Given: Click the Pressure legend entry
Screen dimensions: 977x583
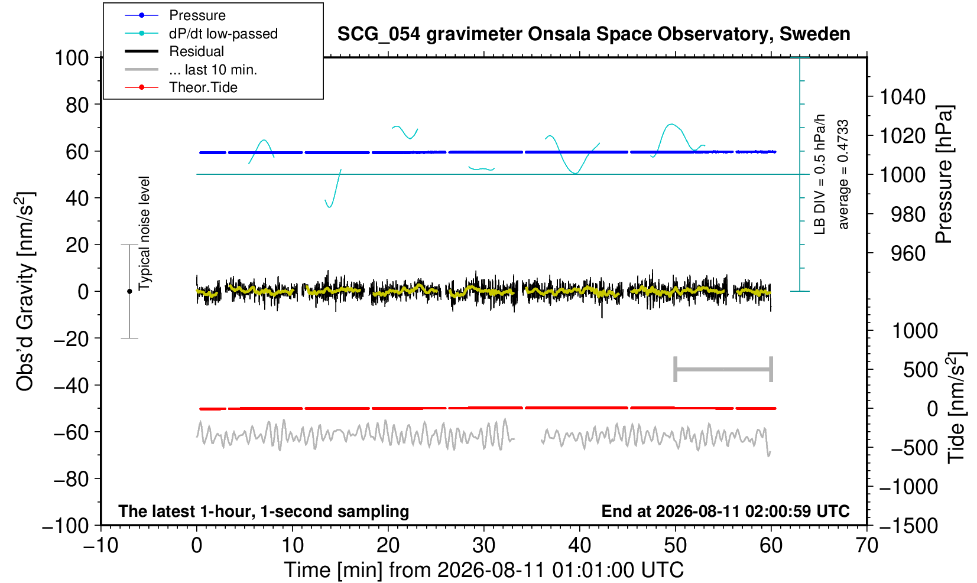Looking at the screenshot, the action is click(197, 16).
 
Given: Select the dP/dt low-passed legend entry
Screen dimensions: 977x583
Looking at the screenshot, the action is click(223, 34).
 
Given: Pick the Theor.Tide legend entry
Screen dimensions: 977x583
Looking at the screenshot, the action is click(203, 87).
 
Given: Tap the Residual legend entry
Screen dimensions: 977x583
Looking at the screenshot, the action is click(196, 51).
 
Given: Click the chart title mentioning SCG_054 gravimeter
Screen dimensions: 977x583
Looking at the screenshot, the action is click(593, 34).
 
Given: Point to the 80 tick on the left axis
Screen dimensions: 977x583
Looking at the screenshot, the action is click(77, 105).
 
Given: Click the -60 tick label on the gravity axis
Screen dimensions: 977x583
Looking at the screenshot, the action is click(72, 432).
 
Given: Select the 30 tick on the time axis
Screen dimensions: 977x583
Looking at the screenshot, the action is click(483, 546).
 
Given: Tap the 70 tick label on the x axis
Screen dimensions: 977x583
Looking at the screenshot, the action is click(866, 546).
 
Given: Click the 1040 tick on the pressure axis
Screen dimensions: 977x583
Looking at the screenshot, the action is click(903, 96).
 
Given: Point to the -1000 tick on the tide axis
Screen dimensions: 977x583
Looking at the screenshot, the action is click(908, 487).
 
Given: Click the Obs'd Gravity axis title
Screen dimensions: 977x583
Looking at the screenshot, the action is click(25, 291).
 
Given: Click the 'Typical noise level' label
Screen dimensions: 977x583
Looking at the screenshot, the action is click(144, 234).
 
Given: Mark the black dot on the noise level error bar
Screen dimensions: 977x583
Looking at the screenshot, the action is click(129, 291).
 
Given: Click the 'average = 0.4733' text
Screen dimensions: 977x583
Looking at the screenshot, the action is click(843, 174).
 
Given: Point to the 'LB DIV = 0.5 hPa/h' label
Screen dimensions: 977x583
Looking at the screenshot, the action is click(820, 174).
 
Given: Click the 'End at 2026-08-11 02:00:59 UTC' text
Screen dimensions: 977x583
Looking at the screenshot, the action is click(725, 511).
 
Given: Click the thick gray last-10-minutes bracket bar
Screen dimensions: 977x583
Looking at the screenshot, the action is click(723, 369).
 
